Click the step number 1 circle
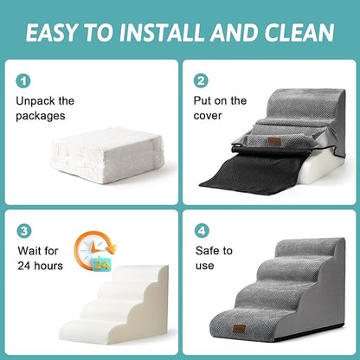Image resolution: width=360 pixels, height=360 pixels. (23, 81)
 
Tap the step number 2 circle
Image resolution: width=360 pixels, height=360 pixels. (202, 81)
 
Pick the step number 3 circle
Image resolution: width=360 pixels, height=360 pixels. (23, 232)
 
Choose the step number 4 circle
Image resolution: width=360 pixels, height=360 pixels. (202, 232)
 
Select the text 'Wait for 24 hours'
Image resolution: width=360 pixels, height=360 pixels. (40, 258)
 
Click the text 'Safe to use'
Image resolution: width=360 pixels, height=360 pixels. (214, 258)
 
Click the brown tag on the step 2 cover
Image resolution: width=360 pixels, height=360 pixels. (274, 140)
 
